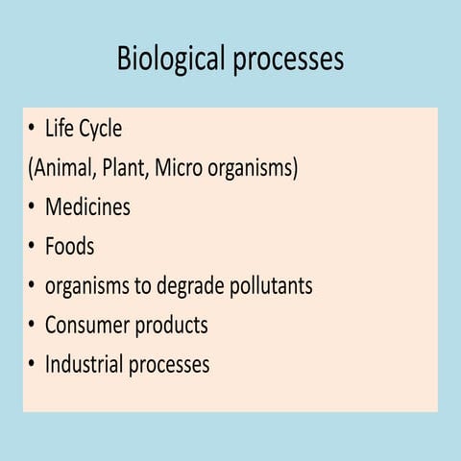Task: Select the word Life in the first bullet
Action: (x=60, y=129)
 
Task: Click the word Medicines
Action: (x=87, y=206)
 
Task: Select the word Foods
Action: (x=69, y=246)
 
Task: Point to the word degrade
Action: (x=188, y=286)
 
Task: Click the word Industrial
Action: (x=85, y=364)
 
